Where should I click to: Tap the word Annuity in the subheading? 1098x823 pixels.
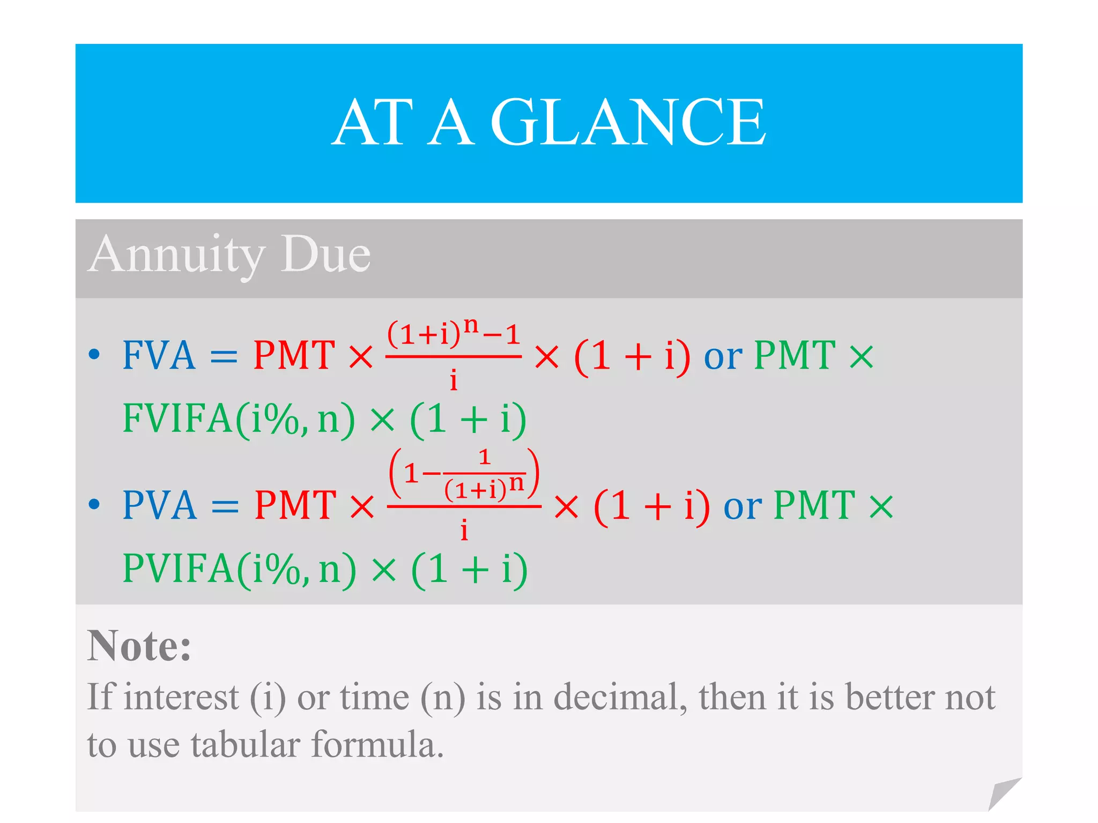click(177, 254)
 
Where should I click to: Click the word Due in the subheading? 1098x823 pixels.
click(326, 254)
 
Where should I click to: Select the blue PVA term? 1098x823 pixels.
click(160, 505)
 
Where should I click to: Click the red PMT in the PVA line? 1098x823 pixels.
click(295, 505)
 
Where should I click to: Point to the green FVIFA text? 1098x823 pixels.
click(177, 418)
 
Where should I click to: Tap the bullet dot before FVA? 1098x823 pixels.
click(94, 354)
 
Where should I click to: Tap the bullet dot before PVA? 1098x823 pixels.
click(94, 504)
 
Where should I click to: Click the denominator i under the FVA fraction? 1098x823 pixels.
click(454, 380)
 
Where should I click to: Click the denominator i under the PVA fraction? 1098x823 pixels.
click(464, 530)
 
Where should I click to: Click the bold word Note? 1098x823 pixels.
click(139, 646)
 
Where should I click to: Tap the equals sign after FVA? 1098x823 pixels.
click(224, 357)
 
